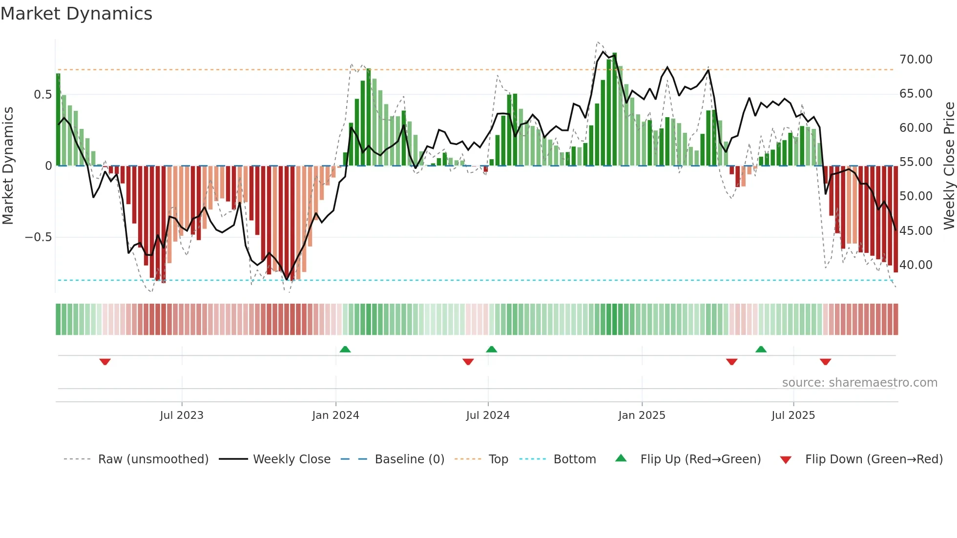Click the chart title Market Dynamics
click(77, 14)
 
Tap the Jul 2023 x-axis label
click(181, 415)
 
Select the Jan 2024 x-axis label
click(335, 415)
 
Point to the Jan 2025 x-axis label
click(642, 415)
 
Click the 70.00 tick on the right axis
click(915, 60)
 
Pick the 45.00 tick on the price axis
click(915, 230)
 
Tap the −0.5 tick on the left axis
click(38, 237)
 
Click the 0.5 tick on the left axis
click(42, 95)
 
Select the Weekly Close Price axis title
click(949, 166)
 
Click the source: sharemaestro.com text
click(859, 383)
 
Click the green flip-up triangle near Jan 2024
click(345, 349)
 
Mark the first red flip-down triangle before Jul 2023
click(105, 362)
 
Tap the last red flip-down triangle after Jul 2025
click(825, 362)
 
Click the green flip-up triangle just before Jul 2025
click(761, 349)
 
